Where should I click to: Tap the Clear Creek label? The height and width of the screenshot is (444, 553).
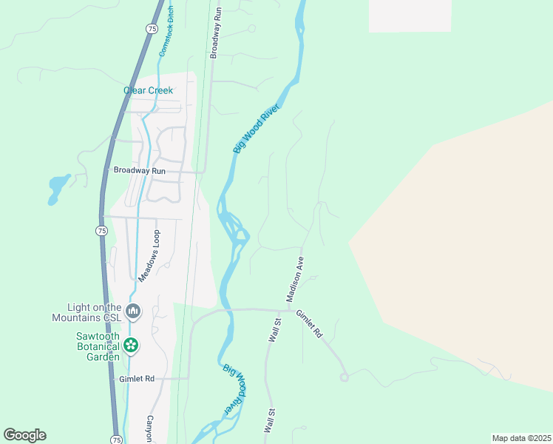click(x=148, y=91)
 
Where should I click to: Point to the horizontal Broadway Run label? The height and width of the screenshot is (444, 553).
click(x=139, y=170)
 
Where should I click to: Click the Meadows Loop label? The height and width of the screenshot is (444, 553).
click(x=149, y=255)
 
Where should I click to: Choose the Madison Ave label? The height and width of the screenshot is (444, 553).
click(x=296, y=279)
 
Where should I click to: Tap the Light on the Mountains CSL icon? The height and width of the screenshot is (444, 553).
click(x=133, y=311)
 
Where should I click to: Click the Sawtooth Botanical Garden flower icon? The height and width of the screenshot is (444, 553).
click(x=131, y=344)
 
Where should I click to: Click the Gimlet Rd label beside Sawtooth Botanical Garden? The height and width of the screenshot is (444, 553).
click(x=137, y=379)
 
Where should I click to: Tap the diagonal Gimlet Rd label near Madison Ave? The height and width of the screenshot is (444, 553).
click(x=310, y=323)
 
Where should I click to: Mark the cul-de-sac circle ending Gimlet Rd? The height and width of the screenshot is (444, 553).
click(x=344, y=377)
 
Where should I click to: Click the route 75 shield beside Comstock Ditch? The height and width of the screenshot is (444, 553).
click(x=152, y=28)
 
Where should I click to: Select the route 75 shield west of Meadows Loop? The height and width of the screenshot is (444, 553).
click(x=101, y=231)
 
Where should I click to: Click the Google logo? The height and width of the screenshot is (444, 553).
click(x=24, y=435)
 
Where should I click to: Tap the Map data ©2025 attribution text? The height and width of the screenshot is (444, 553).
click(x=520, y=438)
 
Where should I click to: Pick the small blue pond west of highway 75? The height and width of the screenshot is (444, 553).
click(x=58, y=187)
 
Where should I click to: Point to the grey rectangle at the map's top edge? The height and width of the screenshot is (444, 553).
click(x=410, y=16)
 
